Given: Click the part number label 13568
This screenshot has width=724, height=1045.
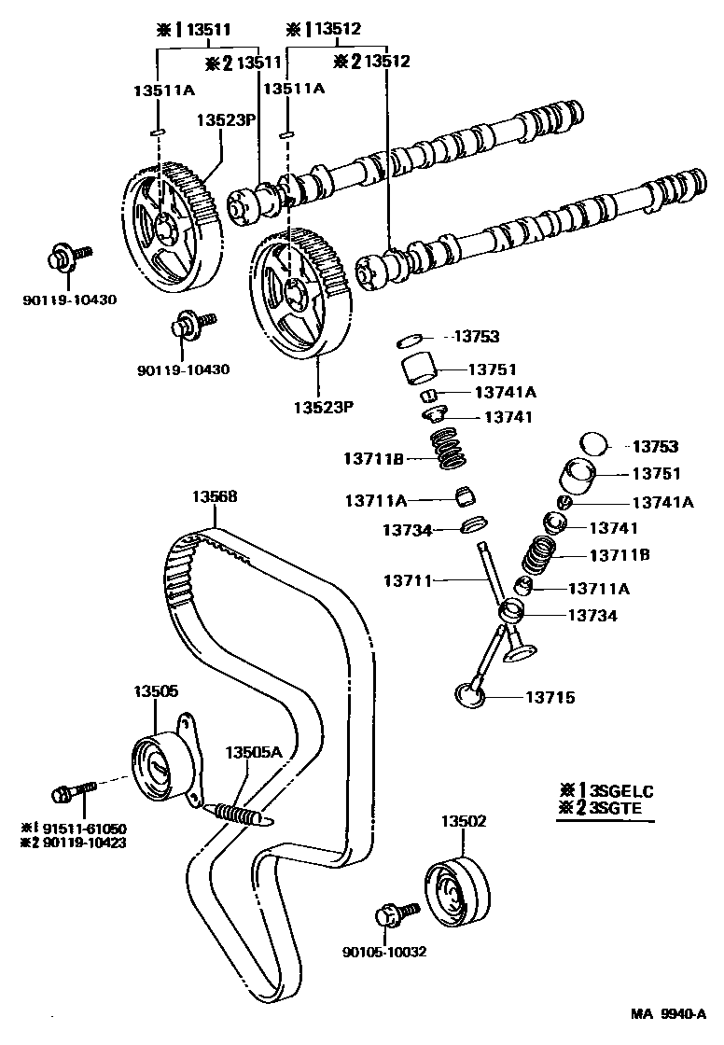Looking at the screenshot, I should pos(215,497).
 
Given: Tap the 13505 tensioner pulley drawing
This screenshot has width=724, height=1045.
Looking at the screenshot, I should pos(155,767).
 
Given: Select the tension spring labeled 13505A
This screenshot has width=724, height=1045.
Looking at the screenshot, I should pos(241,812).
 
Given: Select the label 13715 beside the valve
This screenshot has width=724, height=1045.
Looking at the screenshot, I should pos(550,697).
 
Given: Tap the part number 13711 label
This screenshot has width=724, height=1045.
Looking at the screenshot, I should pos(408,581).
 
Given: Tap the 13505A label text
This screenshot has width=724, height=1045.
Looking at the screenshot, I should pos(252,751).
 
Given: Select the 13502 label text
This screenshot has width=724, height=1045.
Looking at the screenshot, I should pos(464,821).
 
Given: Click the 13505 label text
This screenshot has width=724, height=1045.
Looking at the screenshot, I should pos(155,690).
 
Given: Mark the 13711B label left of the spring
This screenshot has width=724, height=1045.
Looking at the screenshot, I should pos(372,458).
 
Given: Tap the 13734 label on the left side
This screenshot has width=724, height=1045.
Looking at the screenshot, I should pos(408,530).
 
